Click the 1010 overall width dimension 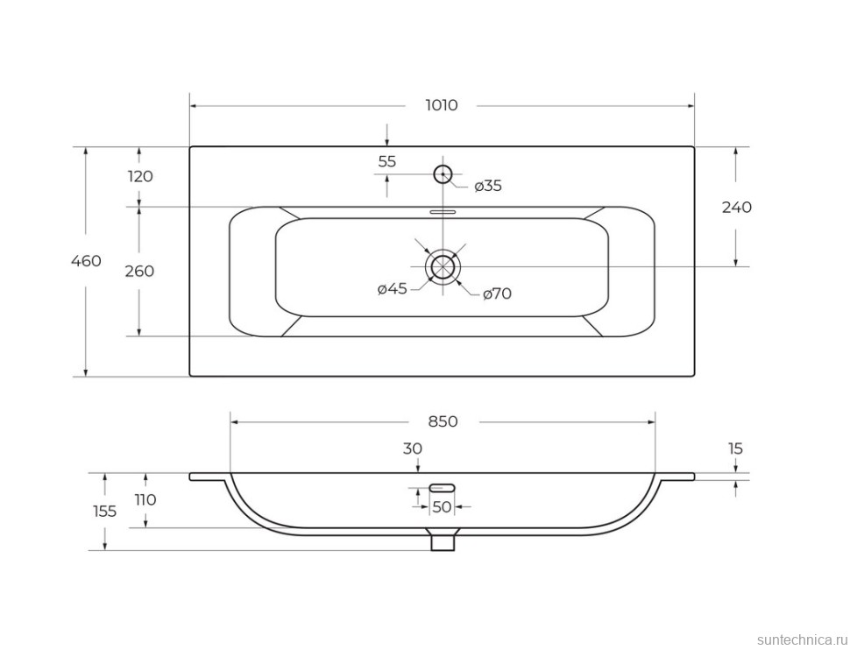(442, 105)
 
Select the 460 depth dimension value (86, 261)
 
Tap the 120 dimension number (140, 176)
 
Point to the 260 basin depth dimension (139, 271)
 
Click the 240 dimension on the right (737, 207)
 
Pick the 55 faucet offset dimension (387, 161)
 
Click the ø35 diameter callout (488, 186)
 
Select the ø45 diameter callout (392, 288)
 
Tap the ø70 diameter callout (497, 293)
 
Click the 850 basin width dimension (443, 421)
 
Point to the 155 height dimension (104, 512)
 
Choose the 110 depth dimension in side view (145, 499)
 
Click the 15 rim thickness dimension (735, 449)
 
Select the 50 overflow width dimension (443, 507)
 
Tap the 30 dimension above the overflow (413, 449)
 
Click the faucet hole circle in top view (443, 174)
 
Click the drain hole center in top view (443, 266)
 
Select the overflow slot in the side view (443, 487)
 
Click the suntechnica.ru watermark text (801, 639)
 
